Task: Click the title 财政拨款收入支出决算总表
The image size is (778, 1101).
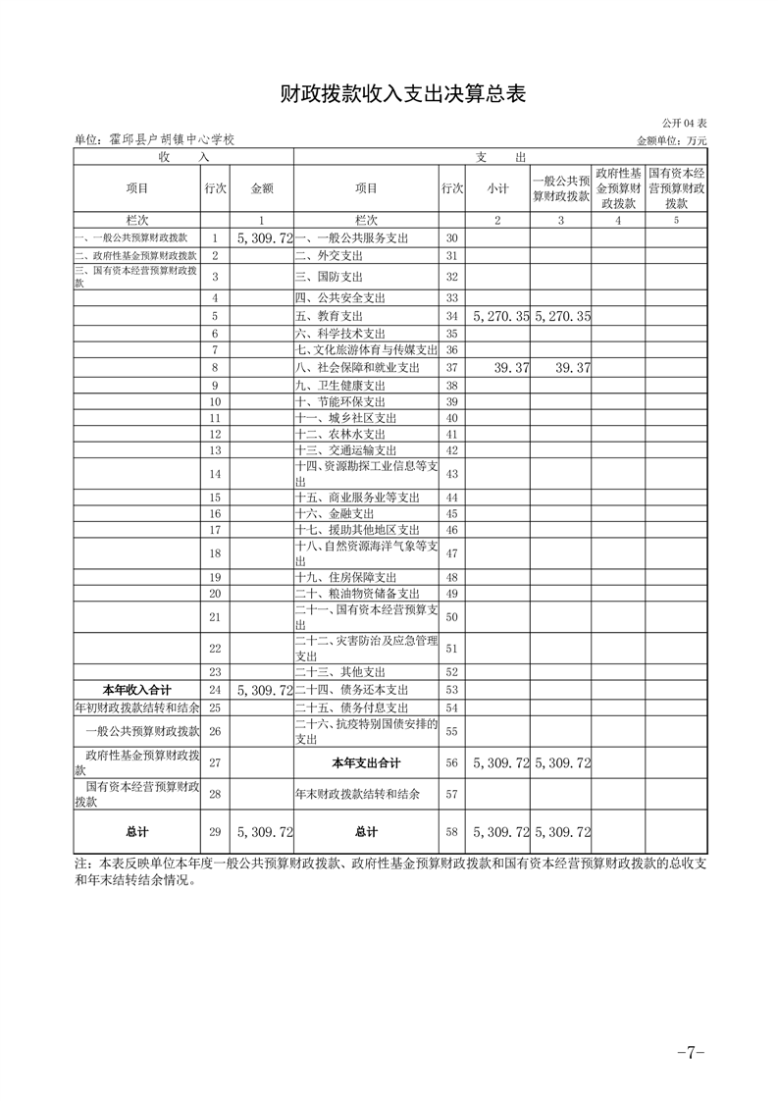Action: click(389, 94)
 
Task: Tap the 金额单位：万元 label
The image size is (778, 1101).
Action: click(672, 140)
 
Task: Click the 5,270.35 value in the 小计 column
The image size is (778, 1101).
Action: click(500, 317)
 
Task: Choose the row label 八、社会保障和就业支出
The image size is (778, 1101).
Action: click(357, 367)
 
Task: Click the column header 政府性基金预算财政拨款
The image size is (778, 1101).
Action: click(618, 188)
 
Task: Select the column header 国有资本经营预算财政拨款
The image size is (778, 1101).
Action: click(676, 188)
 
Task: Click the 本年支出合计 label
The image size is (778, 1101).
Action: click(366, 762)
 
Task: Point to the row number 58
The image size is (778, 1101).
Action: click(452, 832)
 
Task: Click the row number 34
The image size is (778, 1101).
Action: click(452, 317)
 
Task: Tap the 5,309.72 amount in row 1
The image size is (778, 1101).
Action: click(265, 238)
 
